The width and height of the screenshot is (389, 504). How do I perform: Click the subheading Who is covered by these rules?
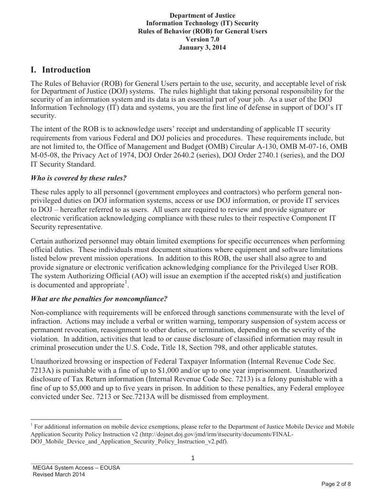78,178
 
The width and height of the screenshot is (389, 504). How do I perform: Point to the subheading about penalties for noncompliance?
99,299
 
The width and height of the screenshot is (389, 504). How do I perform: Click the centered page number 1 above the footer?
193,459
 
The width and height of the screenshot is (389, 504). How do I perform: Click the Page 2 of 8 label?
336,484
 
